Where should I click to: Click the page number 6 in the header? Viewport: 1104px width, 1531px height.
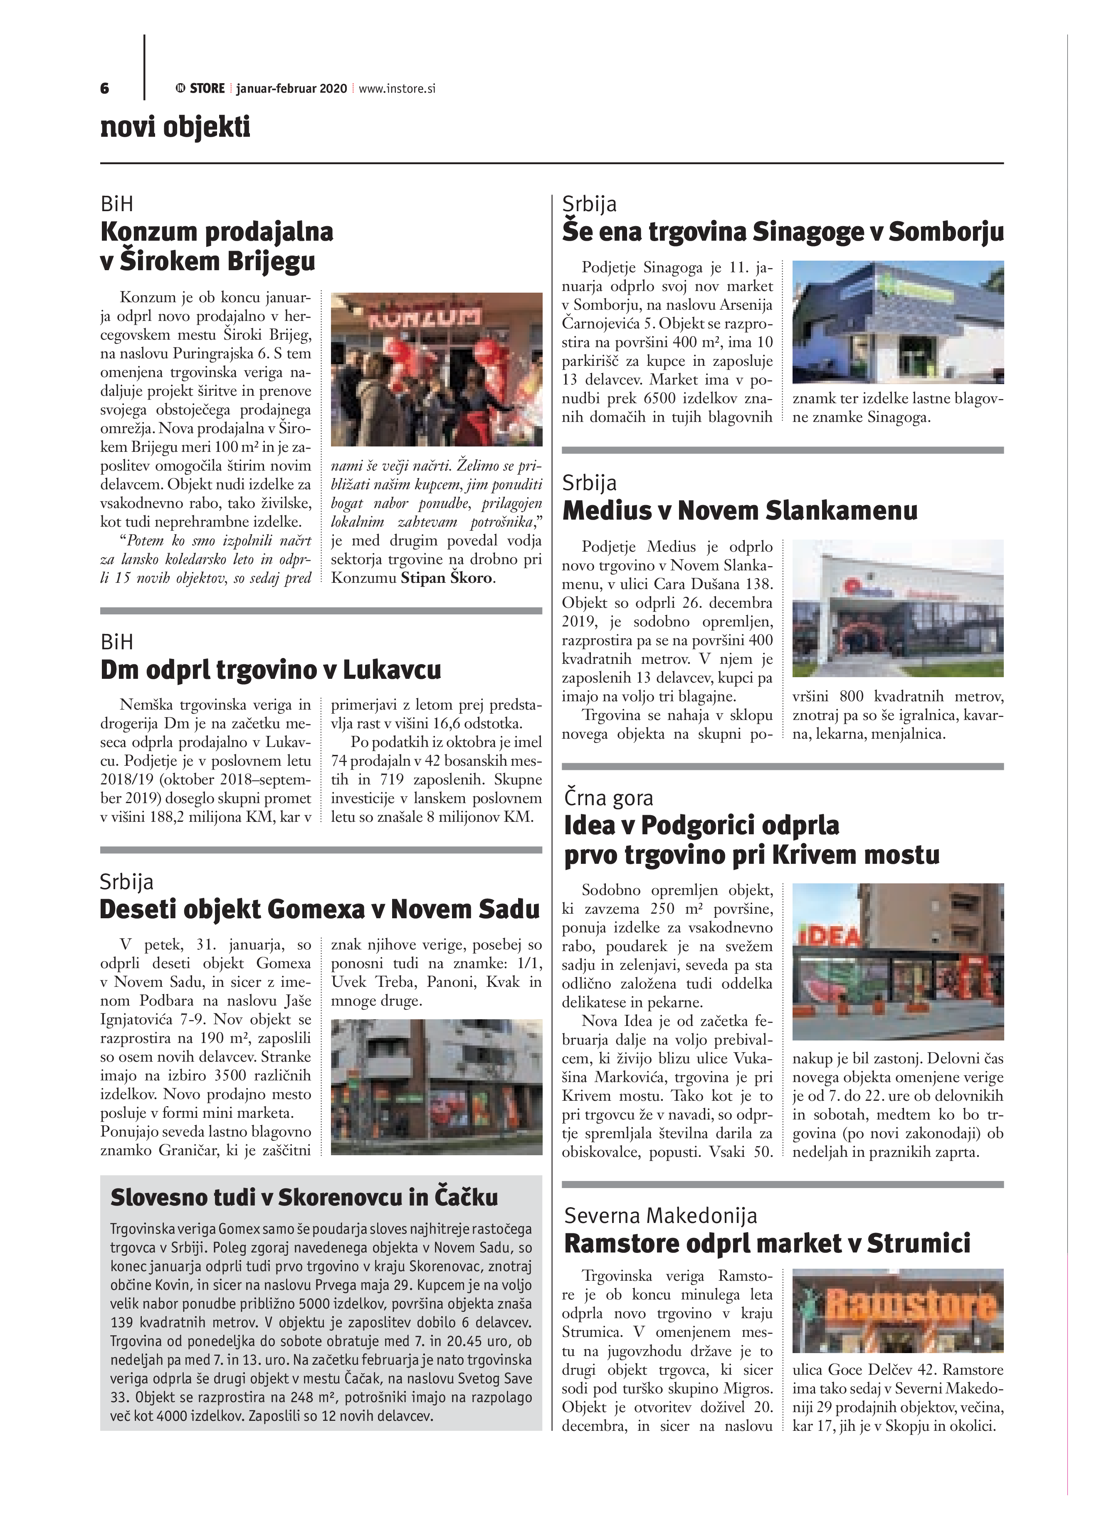[x=105, y=89]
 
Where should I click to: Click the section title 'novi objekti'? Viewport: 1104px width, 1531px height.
[x=175, y=127]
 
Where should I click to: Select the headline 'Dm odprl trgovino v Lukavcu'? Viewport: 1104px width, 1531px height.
[x=270, y=670]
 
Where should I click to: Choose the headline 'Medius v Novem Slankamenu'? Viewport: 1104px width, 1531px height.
[x=739, y=510]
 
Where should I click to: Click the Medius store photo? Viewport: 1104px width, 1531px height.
[x=897, y=608]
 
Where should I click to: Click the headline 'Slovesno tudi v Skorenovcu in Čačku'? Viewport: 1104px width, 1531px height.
[x=304, y=1198]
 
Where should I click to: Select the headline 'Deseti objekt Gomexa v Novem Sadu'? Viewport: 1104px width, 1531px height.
[x=319, y=909]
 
